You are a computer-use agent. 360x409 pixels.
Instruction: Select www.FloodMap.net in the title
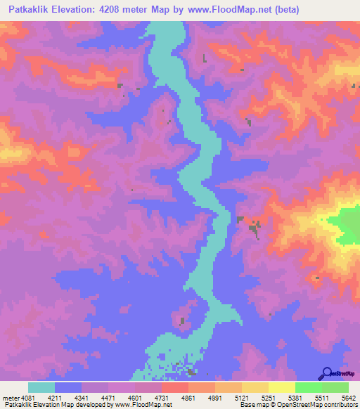(x=228, y=10)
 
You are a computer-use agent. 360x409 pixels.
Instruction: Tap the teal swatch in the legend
(x=41, y=387)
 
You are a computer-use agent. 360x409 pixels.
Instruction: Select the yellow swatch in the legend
(x=282, y=387)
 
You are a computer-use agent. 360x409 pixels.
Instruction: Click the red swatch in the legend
(x=175, y=387)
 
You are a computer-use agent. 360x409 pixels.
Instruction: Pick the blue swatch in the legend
(x=68, y=387)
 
